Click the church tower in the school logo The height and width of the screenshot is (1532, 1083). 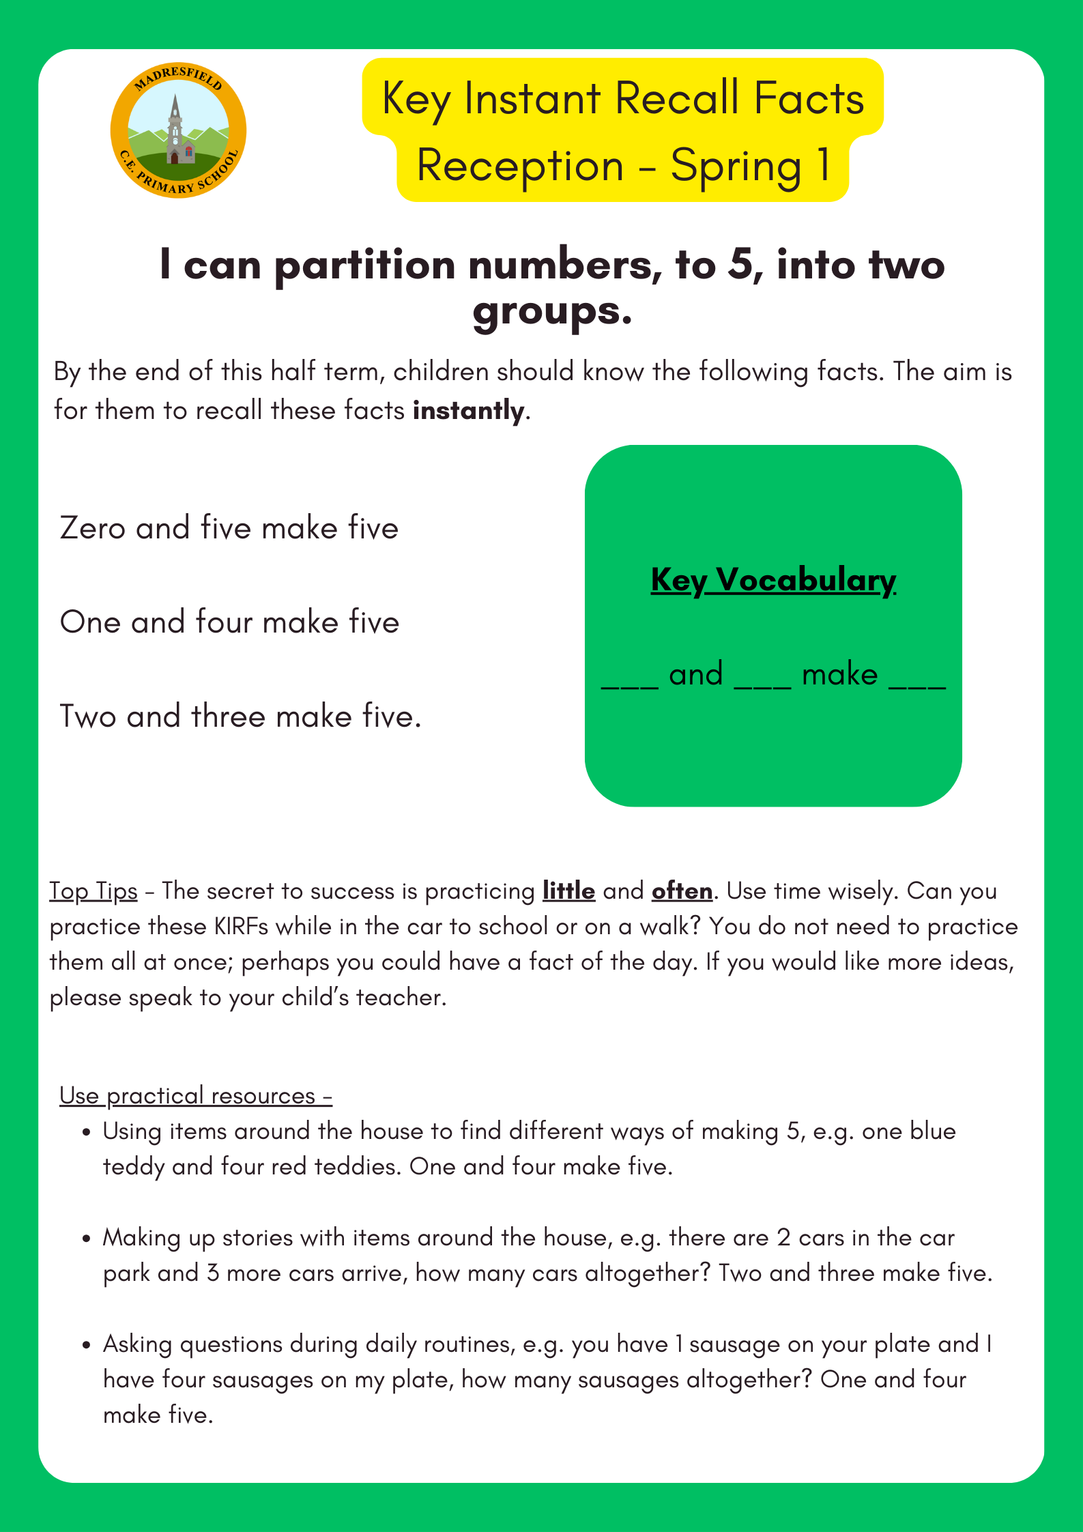click(x=176, y=130)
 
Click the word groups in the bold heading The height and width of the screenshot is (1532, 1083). click(x=552, y=312)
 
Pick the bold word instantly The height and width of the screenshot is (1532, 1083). click(x=469, y=411)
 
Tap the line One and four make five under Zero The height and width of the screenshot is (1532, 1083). click(x=229, y=622)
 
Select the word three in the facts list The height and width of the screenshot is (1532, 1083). click(x=228, y=717)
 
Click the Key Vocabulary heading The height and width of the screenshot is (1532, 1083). click(x=773, y=580)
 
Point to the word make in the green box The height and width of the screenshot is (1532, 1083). click(x=839, y=675)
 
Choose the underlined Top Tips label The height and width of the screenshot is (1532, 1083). click(x=93, y=891)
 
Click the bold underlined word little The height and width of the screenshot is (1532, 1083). click(x=568, y=891)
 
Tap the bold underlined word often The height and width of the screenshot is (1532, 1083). click(x=682, y=891)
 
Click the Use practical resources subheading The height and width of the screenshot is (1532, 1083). click(x=196, y=1095)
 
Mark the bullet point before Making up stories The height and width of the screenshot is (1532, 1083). click(x=86, y=1239)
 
